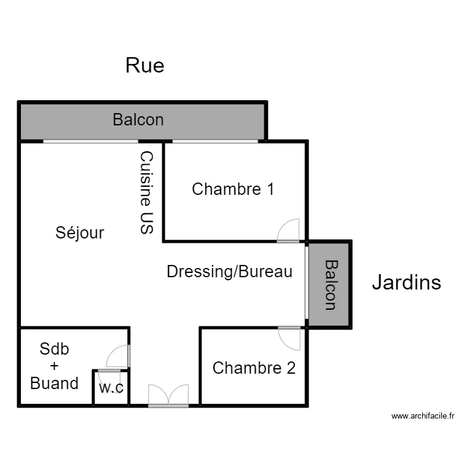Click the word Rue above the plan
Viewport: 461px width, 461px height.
pyautogui.click(x=144, y=65)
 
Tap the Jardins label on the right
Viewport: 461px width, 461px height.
pyautogui.click(x=406, y=282)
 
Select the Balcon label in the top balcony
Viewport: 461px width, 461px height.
pyautogui.click(x=138, y=120)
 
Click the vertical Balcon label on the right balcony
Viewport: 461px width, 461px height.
pyautogui.click(x=331, y=284)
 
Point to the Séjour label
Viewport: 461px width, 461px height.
pyautogui.click(x=80, y=233)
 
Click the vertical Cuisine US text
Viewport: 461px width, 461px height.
pyautogui.click(x=146, y=192)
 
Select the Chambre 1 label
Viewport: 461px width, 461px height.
pyautogui.click(x=233, y=189)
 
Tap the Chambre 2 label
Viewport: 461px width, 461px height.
pyautogui.click(x=254, y=368)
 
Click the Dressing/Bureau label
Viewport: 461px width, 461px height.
pyautogui.click(x=229, y=271)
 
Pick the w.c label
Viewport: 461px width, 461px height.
pyautogui.click(x=111, y=387)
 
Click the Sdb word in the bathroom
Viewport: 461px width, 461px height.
pyautogui.click(x=54, y=349)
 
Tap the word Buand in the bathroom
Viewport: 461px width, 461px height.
pyautogui.click(x=54, y=384)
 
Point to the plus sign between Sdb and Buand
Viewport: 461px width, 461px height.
pyautogui.click(x=54, y=366)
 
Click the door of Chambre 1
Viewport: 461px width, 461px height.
pyautogui.click(x=288, y=231)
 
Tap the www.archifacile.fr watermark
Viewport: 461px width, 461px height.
pyautogui.click(x=423, y=416)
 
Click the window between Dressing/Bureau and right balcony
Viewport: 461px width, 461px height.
pyautogui.click(x=306, y=283)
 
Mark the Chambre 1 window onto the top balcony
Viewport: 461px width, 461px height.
pyautogui.click(x=215, y=141)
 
